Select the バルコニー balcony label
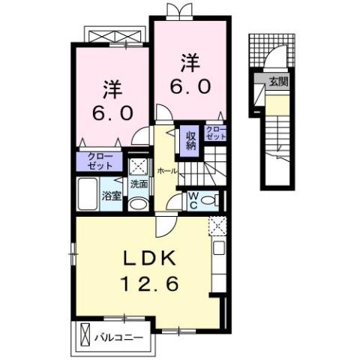coord(122,337)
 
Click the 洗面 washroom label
coord(139,184)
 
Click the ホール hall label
coord(166,171)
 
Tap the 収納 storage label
coord(191,140)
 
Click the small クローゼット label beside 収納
coord(216,133)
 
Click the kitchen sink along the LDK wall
coord(219,248)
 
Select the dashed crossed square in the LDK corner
coord(217,223)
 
